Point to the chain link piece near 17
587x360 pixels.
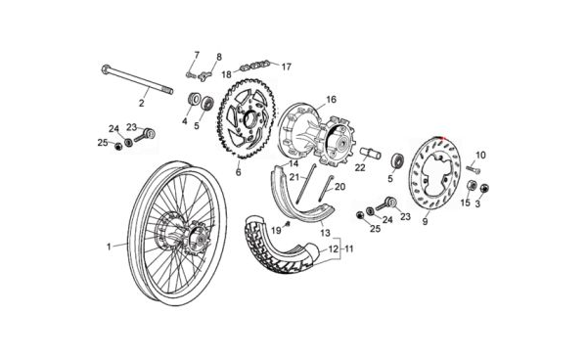coord(255,65)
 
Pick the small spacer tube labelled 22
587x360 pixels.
coord(370,154)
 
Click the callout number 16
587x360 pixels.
coord(332,100)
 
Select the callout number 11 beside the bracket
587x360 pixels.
coord(349,248)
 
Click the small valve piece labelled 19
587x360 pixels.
coord(288,223)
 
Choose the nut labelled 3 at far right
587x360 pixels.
coord(484,188)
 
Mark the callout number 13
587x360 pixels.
coord(326,233)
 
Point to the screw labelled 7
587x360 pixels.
coord(191,75)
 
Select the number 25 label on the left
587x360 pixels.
coord(103,143)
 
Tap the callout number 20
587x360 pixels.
coord(339,186)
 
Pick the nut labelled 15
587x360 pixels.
coord(473,185)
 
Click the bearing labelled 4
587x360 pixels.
coord(194,101)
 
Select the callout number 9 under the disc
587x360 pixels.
coord(425,221)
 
